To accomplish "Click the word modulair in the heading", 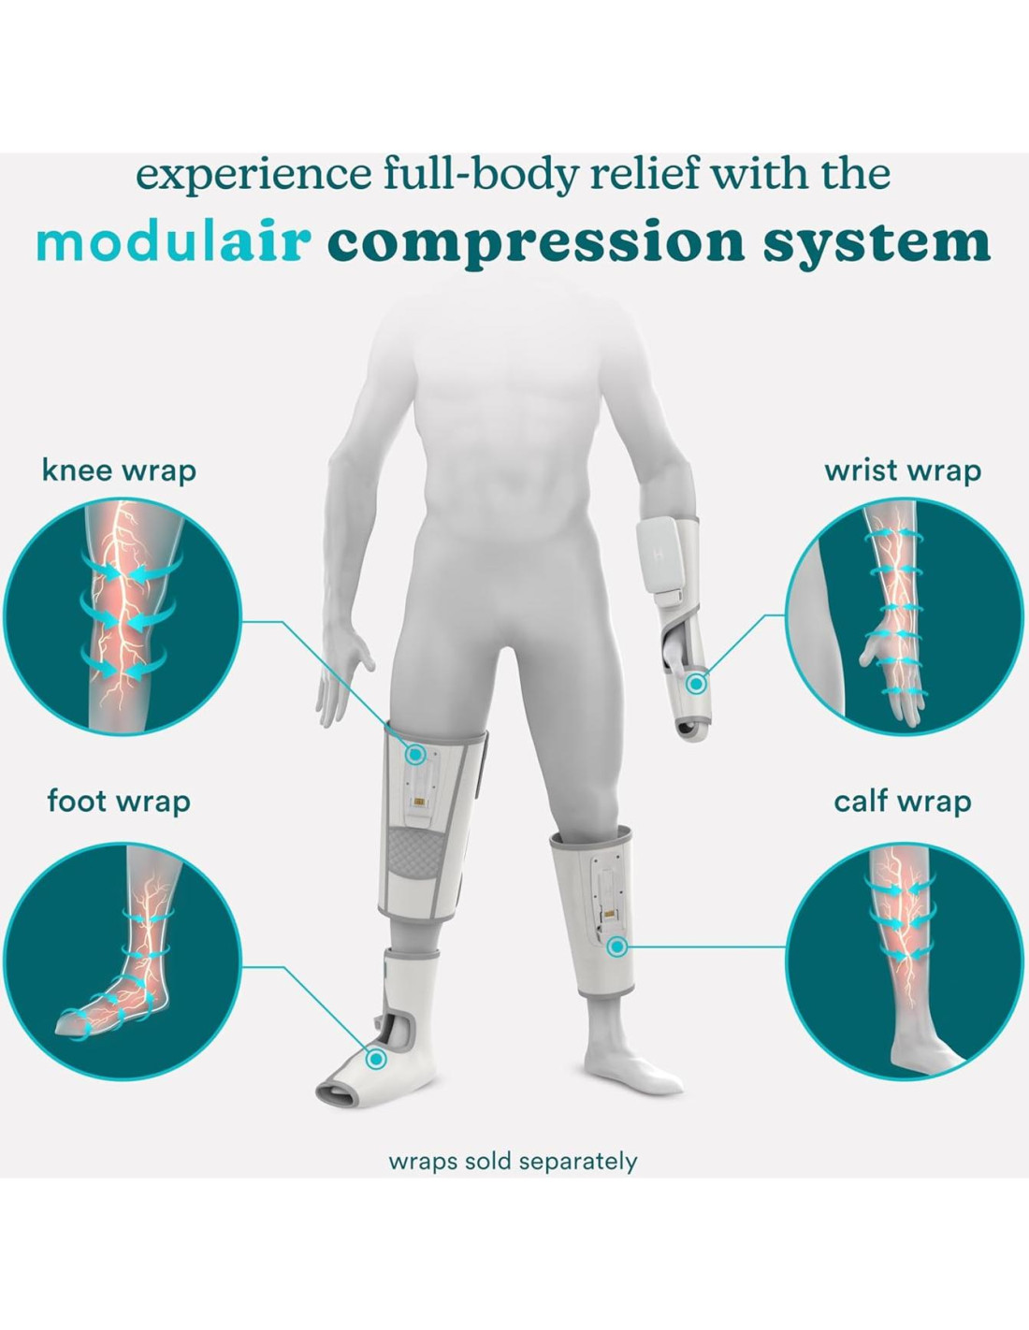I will coord(173,241).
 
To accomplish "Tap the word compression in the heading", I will coord(536,243).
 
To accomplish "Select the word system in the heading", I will coord(877,241).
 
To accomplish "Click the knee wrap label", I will coord(119,470).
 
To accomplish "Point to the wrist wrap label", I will coord(902,470).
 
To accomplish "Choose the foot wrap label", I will coord(119,801).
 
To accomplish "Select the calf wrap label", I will coord(902,802).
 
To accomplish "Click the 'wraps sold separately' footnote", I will coord(513,1162).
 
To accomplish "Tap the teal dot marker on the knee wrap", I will coord(415,754).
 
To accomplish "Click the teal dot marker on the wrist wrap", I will coord(695,684).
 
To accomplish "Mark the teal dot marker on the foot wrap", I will coord(376,1059).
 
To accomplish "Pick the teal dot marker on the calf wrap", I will coord(616,947).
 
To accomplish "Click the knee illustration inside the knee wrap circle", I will coord(122,617).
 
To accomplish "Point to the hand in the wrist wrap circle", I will coord(889,664).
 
